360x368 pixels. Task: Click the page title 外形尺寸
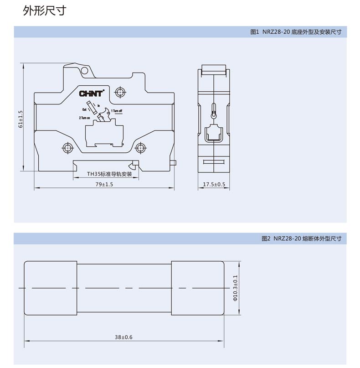click(x=44, y=11)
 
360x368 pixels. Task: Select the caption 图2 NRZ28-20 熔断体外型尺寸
click(x=301, y=238)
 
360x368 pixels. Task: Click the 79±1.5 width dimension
click(x=103, y=184)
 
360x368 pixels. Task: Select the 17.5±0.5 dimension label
click(x=214, y=184)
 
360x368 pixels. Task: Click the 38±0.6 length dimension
click(x=123, y=337)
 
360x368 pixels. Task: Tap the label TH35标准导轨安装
click(x=109, y=174)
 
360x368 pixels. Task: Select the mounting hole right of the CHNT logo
click(x=120, y=92)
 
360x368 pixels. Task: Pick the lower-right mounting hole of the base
click(x=141, y=147)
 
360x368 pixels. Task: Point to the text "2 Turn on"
click(x=85, y=118)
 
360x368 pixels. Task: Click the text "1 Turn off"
click(x=117, y=111)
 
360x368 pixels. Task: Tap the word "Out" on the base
click(x=84, y=110)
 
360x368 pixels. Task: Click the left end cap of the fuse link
click(x=50, y=288)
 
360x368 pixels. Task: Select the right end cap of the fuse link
click(x=197, y=288)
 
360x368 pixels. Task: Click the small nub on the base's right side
click(x=173, y=162)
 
